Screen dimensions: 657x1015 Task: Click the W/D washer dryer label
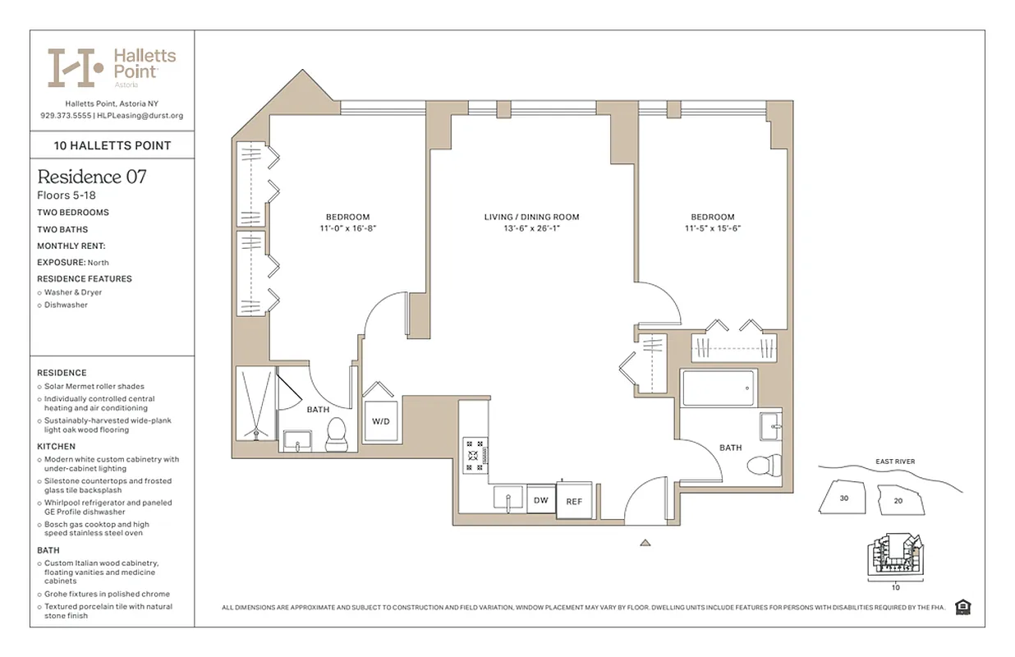(380, 422)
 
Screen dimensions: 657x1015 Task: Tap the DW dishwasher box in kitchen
(540, 499)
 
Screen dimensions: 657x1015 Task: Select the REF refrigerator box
(574, 501)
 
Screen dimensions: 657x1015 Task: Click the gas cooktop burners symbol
(475, 455)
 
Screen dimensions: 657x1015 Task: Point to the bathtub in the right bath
(719, 388)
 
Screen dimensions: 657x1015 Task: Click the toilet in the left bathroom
(336, 434)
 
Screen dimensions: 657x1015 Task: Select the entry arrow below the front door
(645, 542)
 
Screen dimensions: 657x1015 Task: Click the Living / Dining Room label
(531, 218)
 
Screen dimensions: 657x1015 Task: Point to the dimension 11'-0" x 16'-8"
(347, 228)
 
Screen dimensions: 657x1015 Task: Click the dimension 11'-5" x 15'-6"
(712, 228)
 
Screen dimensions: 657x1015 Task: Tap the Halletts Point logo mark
(75, 67)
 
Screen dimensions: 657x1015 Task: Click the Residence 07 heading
(92, 177)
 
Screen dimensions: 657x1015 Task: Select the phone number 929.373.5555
(66, 116)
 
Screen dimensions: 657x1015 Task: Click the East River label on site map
(895, 462)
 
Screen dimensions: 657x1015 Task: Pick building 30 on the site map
(843, 498)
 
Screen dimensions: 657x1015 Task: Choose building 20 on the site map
(898, 500)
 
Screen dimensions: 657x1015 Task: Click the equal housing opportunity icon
(963, 607)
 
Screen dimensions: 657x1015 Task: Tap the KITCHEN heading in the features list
(56, 447)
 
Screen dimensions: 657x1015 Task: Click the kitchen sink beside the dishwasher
(507, 498)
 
